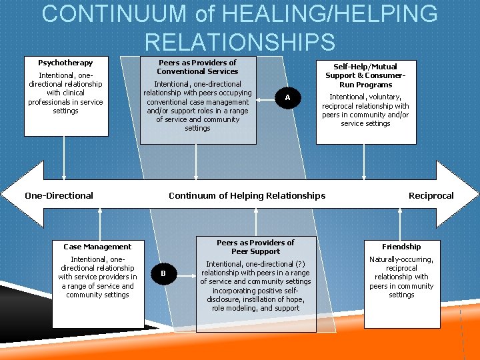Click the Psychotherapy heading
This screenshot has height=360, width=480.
(65, 63)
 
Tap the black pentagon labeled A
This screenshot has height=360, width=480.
(287, 98)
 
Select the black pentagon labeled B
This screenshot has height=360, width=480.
(163, 273)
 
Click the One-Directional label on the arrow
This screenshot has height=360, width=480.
(59, 195)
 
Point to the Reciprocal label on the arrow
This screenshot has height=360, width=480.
(431, 195)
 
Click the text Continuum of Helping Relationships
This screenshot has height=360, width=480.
(247, 195)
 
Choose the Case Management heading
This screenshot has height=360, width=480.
(97, 247)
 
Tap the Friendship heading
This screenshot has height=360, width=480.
(401, 247)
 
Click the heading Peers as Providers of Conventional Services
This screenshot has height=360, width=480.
(197, 67)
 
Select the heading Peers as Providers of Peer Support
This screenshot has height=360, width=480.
(255, 247)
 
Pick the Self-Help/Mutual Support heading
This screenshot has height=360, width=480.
(365, 75)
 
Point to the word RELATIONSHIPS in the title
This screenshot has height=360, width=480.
(240, 42)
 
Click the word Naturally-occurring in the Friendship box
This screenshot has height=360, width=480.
(401, 259)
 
